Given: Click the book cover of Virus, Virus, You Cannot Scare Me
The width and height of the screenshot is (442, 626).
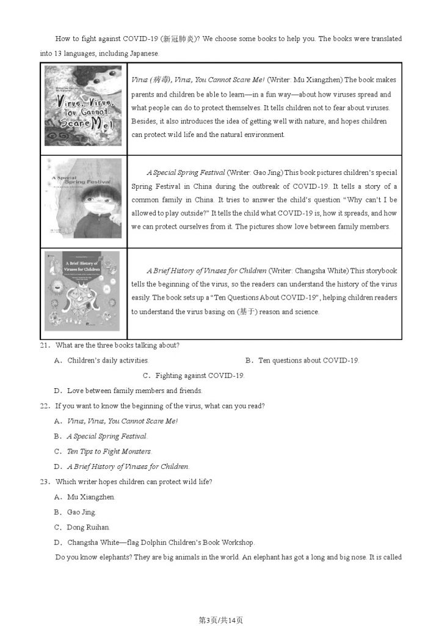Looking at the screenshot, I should click(x=84, y=108).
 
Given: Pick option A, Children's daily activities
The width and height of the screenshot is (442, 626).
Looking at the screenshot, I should click(x=107, y=360).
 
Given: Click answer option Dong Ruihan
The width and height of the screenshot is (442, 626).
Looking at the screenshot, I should click(x=88, y=527).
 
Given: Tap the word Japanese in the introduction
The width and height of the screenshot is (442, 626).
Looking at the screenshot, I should click(x=143, y=53).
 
